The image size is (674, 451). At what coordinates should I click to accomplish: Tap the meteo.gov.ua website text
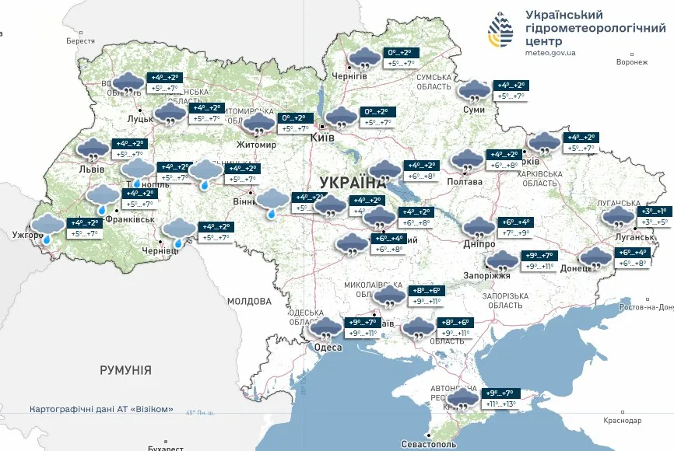pos(551,53)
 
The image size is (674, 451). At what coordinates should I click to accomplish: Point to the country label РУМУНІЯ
pos(125,370)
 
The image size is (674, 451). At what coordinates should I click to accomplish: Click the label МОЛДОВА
pos(249,300)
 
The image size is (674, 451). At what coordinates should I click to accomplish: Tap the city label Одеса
pos(328,347)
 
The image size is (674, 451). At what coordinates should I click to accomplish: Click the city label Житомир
pos(258,145)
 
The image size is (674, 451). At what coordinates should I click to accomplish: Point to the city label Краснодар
pos(622,420)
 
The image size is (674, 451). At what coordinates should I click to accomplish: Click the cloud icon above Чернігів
pos(363,58)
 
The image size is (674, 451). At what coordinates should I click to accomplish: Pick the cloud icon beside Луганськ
pos(619,216)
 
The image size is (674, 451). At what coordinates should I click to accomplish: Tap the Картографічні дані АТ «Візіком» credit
pos(101,409)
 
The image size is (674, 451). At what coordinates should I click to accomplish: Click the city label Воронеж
pos(631,62)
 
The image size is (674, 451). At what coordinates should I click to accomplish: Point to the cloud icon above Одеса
pos(325,327)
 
